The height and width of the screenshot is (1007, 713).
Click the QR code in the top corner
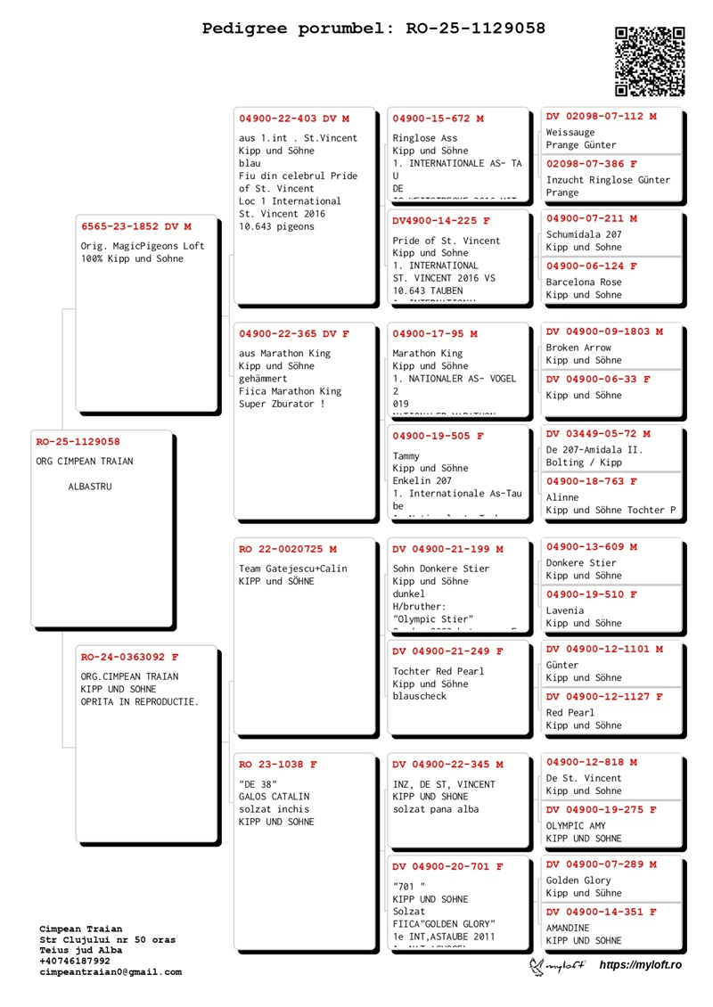point(650,61)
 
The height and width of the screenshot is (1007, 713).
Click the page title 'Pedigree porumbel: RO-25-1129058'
point(373,29)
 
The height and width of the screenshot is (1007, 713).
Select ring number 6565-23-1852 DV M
point(136,226)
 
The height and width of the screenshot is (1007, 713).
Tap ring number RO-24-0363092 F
point(130,657)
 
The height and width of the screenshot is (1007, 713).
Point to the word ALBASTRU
point(90,487)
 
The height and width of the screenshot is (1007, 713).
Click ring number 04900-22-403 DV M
point(294,119)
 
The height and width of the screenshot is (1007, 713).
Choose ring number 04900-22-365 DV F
point(294,333)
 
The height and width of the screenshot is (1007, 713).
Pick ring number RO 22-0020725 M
point(287,549)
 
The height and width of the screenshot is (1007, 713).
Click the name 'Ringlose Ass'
point(425,138)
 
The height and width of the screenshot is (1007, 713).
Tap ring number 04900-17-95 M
point(435,334)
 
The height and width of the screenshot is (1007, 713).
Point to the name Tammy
point(406,456)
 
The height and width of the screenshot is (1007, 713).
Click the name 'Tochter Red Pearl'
point(438,671)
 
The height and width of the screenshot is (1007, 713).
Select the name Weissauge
point(570,133)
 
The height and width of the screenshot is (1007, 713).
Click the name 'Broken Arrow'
point(578,348)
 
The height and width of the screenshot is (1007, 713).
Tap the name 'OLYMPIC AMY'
point(576,826)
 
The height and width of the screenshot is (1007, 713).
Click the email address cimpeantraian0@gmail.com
point(111,972)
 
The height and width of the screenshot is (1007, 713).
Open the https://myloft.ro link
point(640,965)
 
